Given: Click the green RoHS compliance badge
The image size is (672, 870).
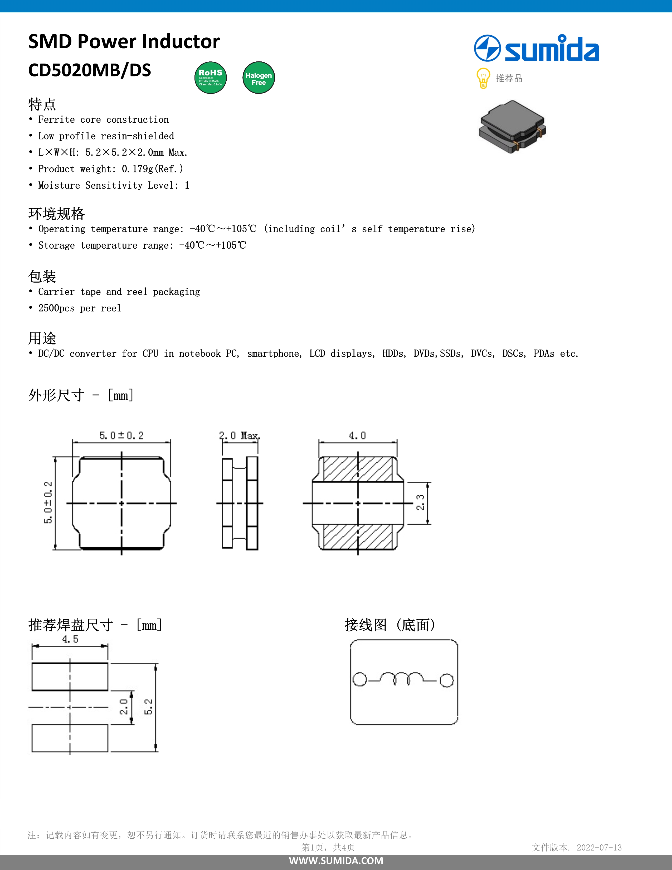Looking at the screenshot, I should pyautogui.click(x=211, y=78).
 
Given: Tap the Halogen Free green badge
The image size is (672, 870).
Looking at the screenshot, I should pyautogui.click(x=258, y=78).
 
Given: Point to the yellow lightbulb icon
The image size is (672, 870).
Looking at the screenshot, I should pyautogui.click(x=483, y=78).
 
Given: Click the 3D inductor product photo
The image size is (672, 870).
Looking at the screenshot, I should pyautogui.click(x=512, y=127).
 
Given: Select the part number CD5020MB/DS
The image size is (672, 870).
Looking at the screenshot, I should pyautogui.click(x=90, y=70).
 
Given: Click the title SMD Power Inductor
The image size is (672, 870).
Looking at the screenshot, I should pyautogui.click(x=124, y=41).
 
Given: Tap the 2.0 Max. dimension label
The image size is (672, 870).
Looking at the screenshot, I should pyautogui.click(x=239, y=436).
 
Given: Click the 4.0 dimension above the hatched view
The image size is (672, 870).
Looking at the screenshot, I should pyautogui.click(x=357, y=436).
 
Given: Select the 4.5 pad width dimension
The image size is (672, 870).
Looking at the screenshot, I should pyautogui.click(x=70, y=639).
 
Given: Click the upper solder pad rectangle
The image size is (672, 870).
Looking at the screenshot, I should pyautogui.click(x=70, y=676).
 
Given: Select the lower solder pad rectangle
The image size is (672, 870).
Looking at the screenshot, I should pyautogui.click(x=70, y=738).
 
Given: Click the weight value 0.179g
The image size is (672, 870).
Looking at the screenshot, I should pyautogui.click(x=138, y=169).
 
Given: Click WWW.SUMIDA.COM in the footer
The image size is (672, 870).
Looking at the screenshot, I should pyautogui.click(x=336, y=861).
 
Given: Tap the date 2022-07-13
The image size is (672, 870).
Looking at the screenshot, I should pyautogui.click(x=599, y=847).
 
